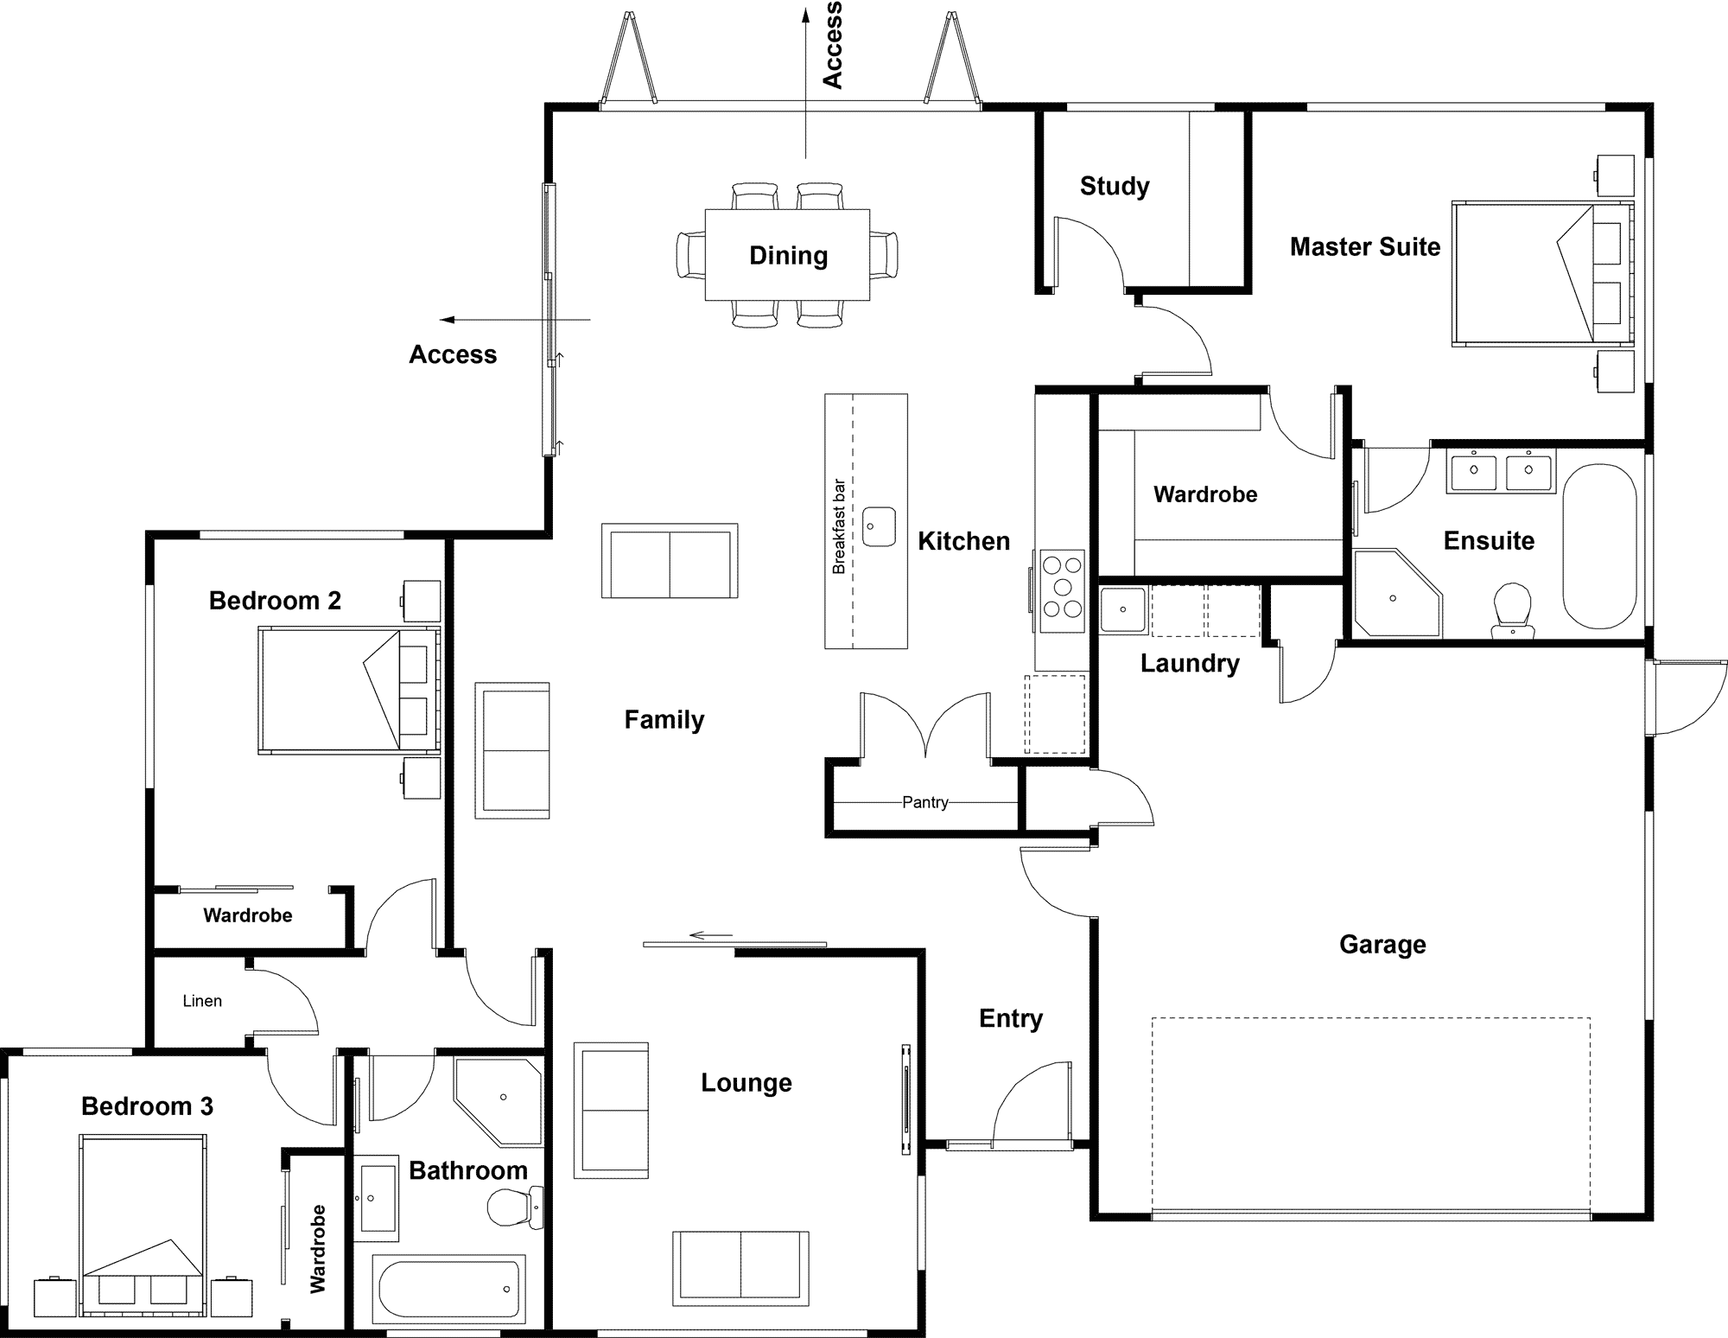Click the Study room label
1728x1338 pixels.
1115,186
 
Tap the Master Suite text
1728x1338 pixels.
1365,247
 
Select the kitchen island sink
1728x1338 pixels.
880,526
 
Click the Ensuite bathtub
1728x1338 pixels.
1599,546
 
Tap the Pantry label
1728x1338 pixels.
924,802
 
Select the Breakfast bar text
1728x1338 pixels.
839,526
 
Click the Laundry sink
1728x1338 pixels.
1122,608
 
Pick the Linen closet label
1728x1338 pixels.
202,1001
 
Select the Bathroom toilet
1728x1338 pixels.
513,1207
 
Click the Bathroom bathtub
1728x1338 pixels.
449,1288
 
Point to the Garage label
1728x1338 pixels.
1382,945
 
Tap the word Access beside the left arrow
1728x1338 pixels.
453,354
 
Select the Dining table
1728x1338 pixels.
787,255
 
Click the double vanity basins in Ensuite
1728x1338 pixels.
1502,471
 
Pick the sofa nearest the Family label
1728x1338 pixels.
512,750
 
